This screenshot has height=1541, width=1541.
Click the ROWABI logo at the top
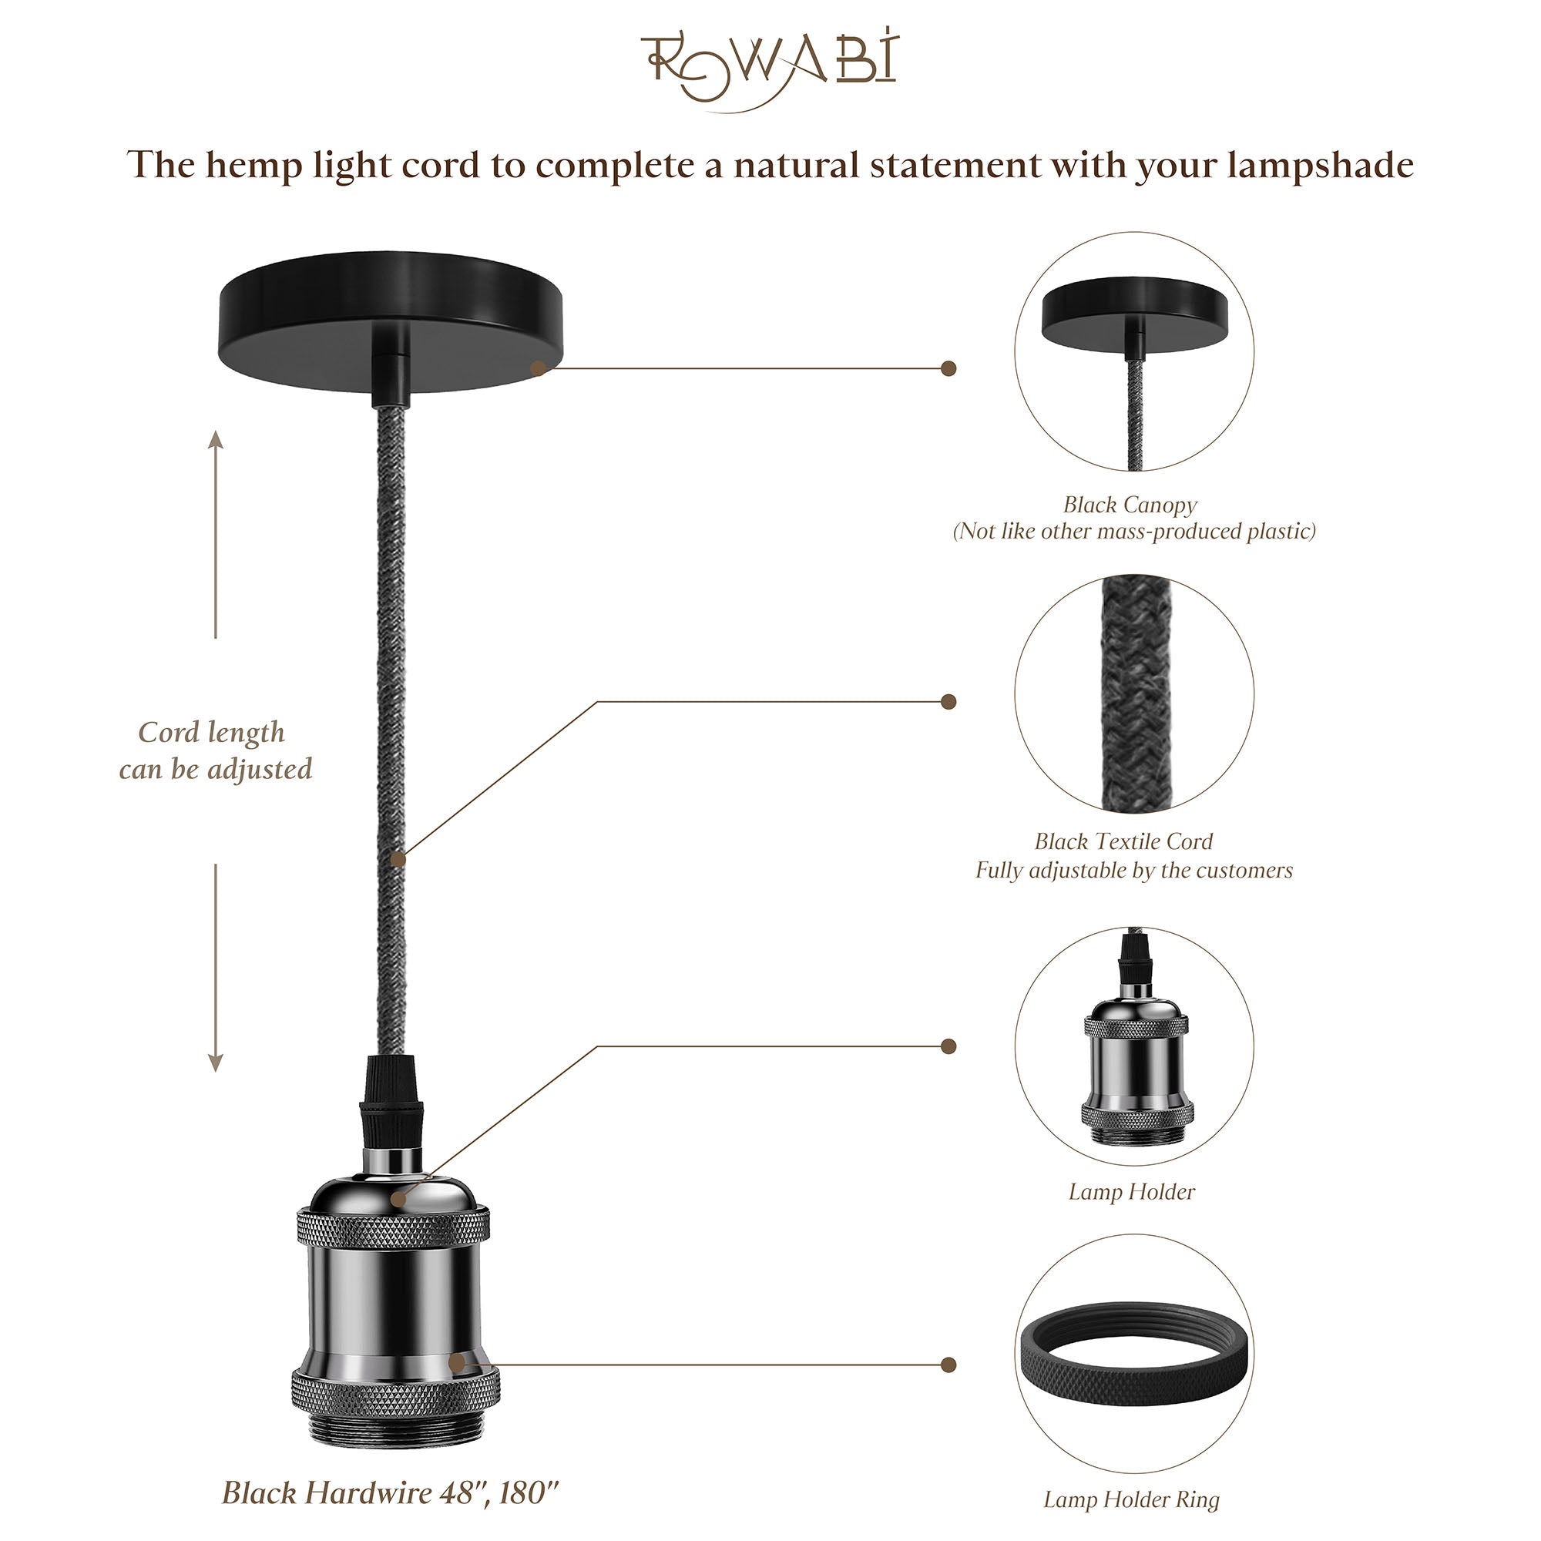pyautogui.click(x=770, y=69)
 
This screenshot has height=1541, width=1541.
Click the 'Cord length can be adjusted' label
pyautogui.click(x=213, y=750)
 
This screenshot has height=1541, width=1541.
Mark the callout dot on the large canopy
pyautogui.click(x=539, y=368)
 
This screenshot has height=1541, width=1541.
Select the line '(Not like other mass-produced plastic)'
pyautogui.click(x=1133, y=532)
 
